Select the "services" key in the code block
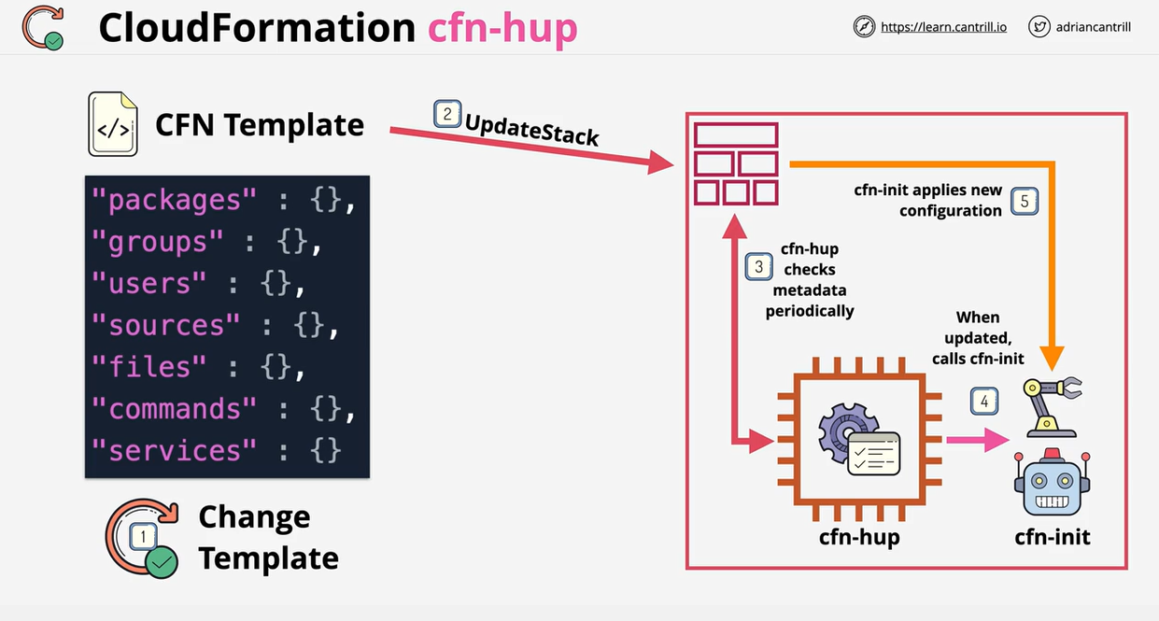(174, 450)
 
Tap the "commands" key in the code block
(174, 409)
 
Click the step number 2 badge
(447, 114)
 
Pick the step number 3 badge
(758, 267)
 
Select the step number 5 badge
(1025, 202)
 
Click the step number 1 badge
(143, 536)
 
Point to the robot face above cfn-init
(1053, 483)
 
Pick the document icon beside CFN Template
(112, 123)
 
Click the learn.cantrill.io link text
(943, 27)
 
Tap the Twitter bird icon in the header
(1039, 27)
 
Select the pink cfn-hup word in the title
(502, 28)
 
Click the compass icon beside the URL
(864, 27)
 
